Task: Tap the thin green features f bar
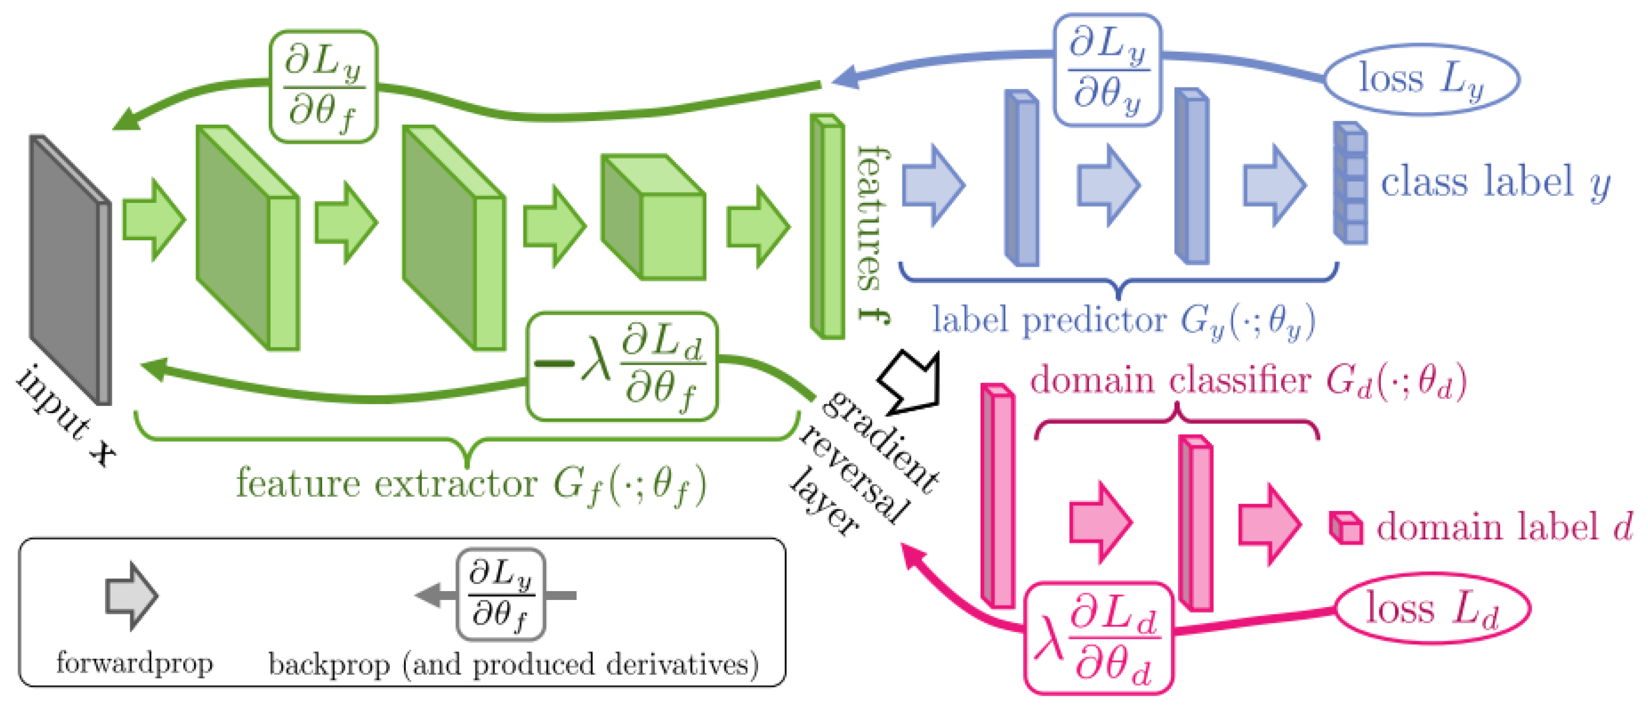[x=827, y=227]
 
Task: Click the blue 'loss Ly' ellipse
[x=1420, y=79]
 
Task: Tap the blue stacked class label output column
[x=1350, y=183]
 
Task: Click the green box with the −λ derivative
[x=622, y=367]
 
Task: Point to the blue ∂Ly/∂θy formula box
[x=1107, y=70]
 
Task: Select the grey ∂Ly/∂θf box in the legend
[x=500, y=594]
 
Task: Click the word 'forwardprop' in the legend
[x=134, y=663]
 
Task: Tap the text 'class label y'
[x=1495, y=183]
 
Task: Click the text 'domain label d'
[x=1503, y=528]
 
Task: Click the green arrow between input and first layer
[x=153, y=219]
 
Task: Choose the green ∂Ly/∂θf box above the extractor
[x=323, y=86]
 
